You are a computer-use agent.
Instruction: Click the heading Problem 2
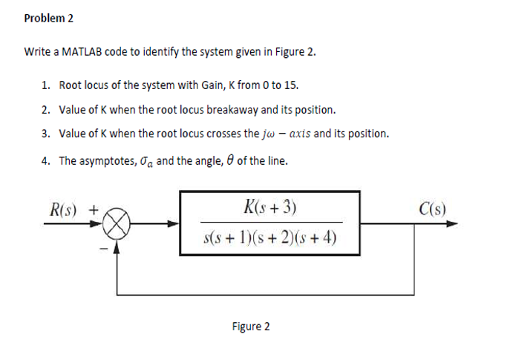tap(49, 18)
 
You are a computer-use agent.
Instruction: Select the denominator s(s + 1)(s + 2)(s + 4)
tap(269, 238)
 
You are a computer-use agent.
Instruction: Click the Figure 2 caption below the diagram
tap(251, 327)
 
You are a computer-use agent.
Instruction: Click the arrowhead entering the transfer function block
tap(174, 223)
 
